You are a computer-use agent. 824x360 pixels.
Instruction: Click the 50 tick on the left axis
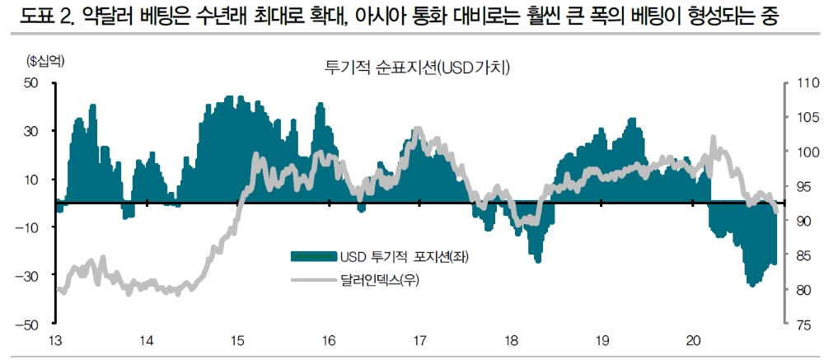(32, 83)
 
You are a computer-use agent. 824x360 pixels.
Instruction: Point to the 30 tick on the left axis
(32, 131)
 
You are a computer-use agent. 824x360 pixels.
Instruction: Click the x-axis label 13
(56, 340)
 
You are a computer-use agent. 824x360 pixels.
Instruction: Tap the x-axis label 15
(237, 340)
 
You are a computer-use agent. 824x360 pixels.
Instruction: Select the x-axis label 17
(419, 340)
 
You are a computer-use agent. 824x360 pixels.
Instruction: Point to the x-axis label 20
(693, 340)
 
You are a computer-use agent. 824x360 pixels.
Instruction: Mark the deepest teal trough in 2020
(751, 284)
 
